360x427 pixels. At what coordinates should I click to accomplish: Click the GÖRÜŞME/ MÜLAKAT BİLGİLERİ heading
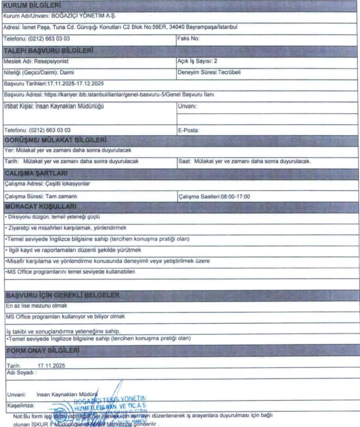(x=56, y=140)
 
